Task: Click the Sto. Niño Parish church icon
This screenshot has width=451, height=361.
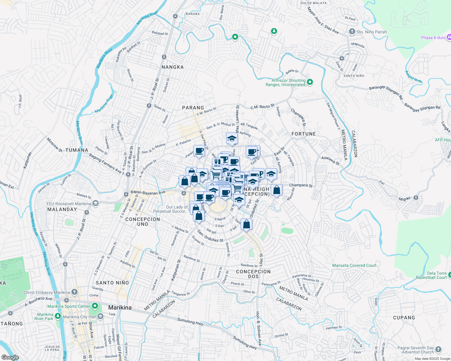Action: point(352,32)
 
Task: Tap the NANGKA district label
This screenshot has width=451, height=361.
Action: point(172,67)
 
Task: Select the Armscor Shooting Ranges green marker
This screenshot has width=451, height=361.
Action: point(310,82)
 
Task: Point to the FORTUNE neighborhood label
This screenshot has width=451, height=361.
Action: point(304,134)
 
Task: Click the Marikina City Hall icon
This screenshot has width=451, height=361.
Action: point(100,316)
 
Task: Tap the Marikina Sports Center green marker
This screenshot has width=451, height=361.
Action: point(95,306)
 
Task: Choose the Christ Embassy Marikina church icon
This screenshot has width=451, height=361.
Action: point(74,292)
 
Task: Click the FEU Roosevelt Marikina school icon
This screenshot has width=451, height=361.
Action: point(95,204)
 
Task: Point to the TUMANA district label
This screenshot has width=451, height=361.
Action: point(77,150)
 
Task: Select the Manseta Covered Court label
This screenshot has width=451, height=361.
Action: point(354,265)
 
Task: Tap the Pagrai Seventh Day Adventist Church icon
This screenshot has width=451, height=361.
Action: point(438,350)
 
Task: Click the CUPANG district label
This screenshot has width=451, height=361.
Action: point(404,318)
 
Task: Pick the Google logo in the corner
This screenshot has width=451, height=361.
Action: point(10,357)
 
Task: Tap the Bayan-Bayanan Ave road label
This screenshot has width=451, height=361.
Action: point(148,192)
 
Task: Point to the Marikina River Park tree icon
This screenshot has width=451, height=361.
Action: point(58,316)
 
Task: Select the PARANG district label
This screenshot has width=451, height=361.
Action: point(193,108)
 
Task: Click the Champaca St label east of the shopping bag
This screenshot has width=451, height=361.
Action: point(301,185)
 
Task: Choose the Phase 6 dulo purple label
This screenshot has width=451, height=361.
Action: point(433,38)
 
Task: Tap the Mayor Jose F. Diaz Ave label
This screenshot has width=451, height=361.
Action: point(323,20)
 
